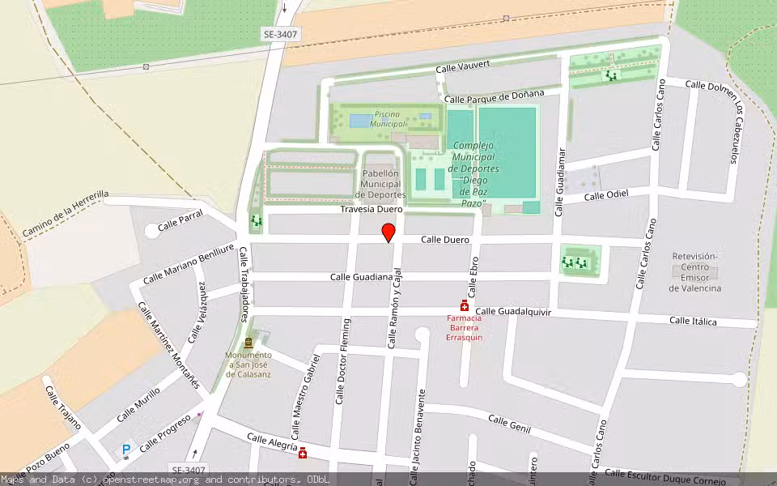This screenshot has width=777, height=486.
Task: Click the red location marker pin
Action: pos(388,233)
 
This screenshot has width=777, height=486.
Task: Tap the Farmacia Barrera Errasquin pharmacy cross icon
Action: pos(465,305)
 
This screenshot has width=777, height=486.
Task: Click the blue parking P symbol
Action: pos(125,450)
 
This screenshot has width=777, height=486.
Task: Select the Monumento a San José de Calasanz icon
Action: pos(248,344)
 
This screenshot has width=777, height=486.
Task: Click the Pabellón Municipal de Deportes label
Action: pos(380,184)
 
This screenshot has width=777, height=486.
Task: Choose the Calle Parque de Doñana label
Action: pos(494,96)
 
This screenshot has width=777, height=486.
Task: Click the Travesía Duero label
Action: pos(372,209)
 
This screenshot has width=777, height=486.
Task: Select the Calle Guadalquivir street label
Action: pos(513,311)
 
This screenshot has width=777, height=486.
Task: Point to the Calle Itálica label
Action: pos(693,321)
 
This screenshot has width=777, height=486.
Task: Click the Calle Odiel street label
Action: pos(606,195)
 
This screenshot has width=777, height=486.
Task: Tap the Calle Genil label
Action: pos(509,422)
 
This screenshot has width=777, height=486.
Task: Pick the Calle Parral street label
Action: pos(180,220)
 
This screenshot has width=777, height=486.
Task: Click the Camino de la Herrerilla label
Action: pos(65,215)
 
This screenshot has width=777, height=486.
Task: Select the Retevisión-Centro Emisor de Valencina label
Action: pos(696,272)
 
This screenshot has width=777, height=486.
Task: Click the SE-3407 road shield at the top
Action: pos(280,34)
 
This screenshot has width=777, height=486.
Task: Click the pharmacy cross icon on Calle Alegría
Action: pos(303,453)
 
